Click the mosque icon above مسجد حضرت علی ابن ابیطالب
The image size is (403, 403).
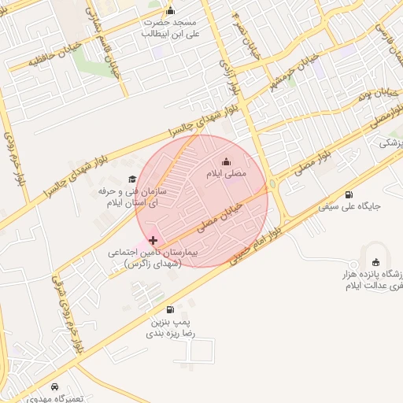171,10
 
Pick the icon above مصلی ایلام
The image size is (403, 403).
226,162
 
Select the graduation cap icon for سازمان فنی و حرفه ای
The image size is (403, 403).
132,179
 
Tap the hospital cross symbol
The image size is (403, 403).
153,239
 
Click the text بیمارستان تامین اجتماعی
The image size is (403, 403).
154,254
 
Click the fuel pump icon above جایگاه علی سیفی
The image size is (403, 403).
349,195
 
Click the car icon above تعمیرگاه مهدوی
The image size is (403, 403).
54,387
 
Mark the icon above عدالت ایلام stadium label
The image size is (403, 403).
375,262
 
